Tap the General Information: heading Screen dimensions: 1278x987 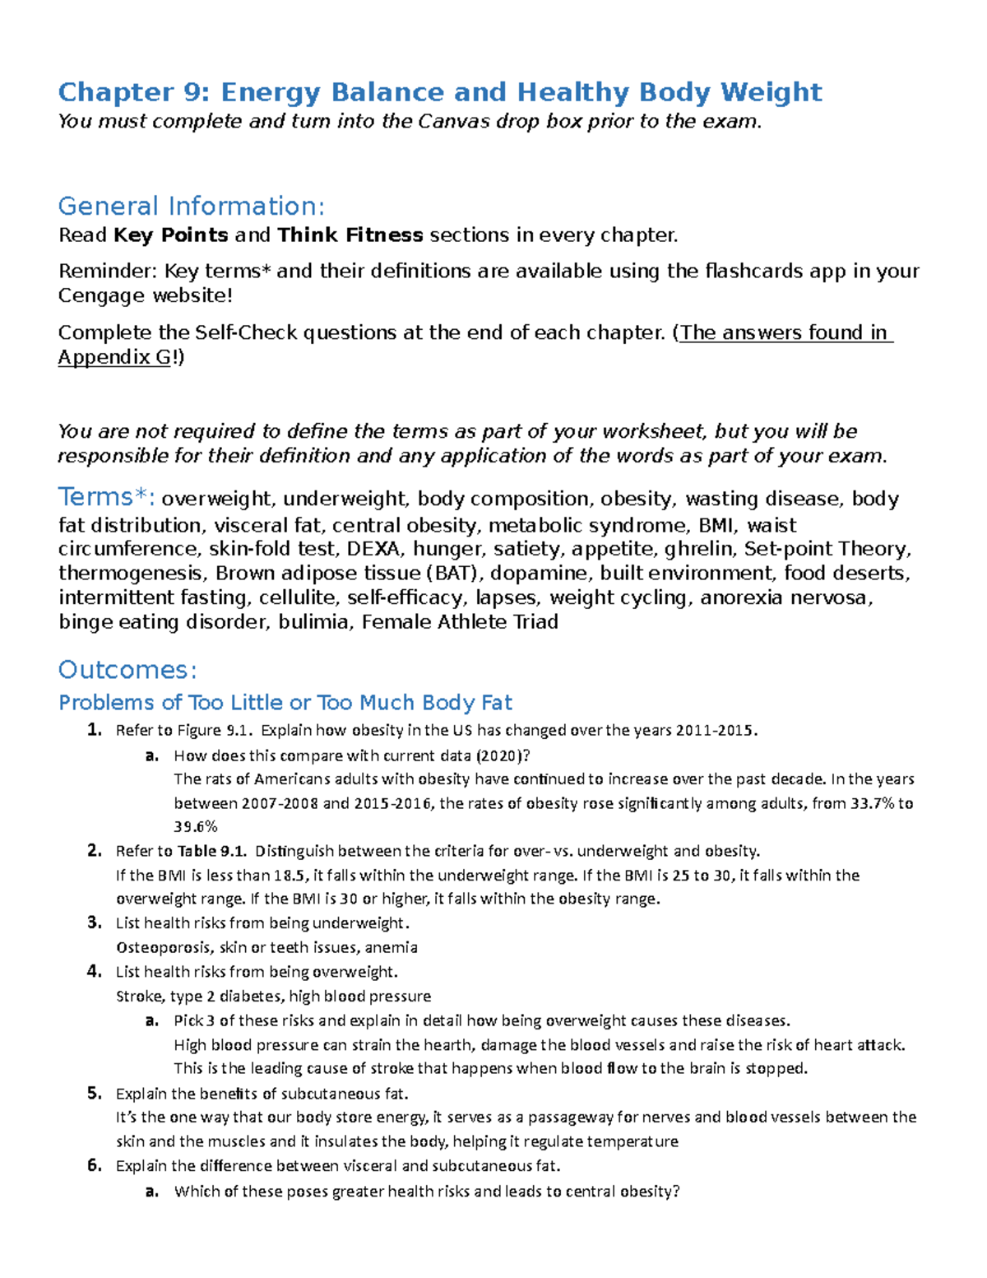point(192,206)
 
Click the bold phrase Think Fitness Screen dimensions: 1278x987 point(350,235)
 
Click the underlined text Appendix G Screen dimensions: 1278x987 point(114,357)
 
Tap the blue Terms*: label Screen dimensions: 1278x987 point(106,498)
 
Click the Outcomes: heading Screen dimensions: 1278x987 point(127,670)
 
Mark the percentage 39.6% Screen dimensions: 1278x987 point(196,827)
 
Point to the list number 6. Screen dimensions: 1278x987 point(94,1165)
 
